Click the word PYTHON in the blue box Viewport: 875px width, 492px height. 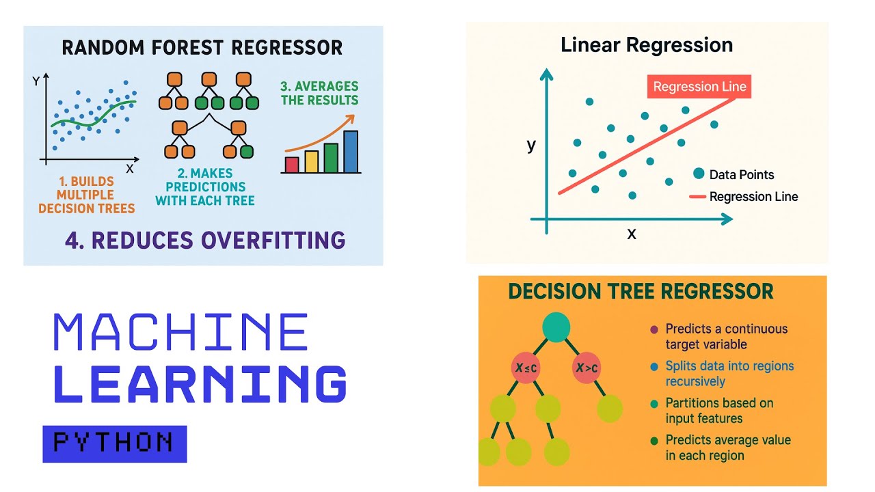(x=113, y=443)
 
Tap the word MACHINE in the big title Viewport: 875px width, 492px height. (x=180, y=333)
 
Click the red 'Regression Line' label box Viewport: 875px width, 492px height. (x=699, y=87)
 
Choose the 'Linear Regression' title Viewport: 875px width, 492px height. (x=646, y=45)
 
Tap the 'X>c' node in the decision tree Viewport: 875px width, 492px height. (x=587, y=368)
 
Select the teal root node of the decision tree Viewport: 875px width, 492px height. (x=556, y=327)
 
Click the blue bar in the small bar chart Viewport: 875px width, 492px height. (x=351, y=151)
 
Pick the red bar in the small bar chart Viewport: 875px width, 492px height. (x=292, y=164)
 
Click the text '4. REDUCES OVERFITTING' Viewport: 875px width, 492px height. (x=205, y=240)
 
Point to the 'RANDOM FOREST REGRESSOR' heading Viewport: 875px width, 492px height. (x=202, y=48)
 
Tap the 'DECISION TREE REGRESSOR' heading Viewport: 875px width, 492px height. (x=641, y=292)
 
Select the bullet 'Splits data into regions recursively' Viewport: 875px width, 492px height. (x=729, y=373)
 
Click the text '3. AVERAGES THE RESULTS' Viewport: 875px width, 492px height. (x=319, y=93)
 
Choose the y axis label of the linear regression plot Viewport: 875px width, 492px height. (x=531, y=145)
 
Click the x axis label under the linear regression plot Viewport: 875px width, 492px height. (x=632, y=234)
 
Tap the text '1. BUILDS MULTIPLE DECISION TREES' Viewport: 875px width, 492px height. (x=86, y=195)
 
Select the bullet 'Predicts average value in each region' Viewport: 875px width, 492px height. (x=727, y=448)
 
